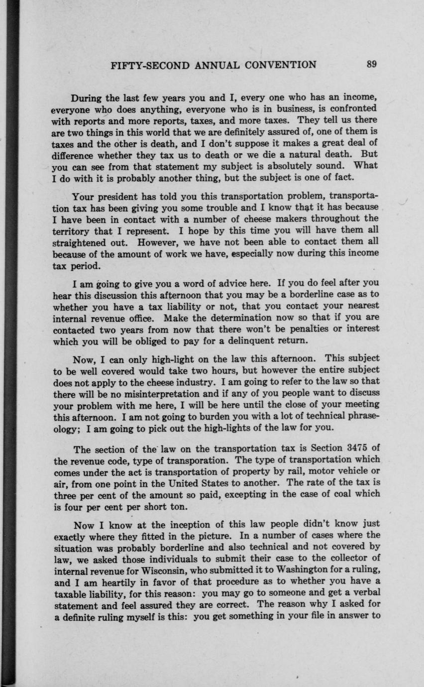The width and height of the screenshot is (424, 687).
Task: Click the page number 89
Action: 371,64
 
